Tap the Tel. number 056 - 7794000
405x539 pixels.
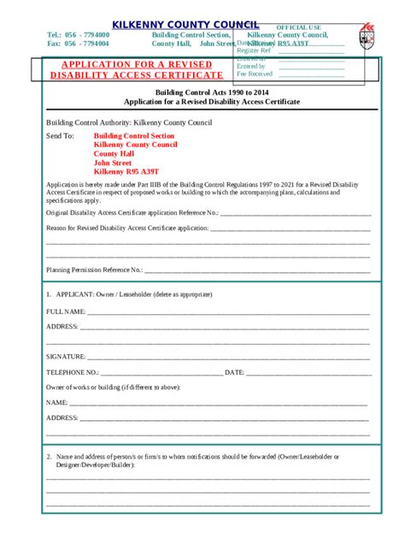87,34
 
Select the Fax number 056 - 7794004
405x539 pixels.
87,43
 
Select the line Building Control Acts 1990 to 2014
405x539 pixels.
211,92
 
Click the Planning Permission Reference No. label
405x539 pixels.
94,269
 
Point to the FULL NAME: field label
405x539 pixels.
65,311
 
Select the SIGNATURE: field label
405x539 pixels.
66,356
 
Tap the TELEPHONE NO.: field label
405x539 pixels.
73,373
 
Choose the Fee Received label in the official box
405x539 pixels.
255,74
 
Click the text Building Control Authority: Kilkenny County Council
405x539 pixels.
128,122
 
